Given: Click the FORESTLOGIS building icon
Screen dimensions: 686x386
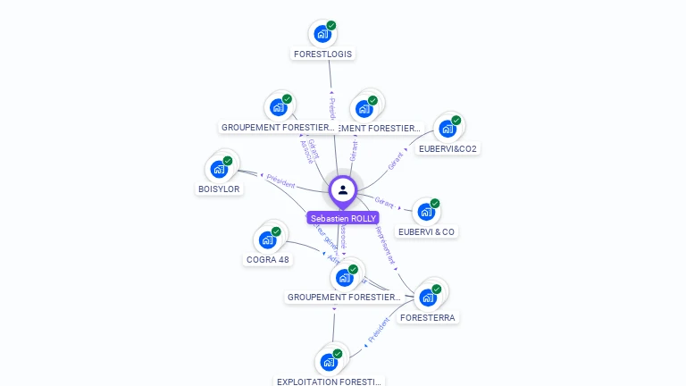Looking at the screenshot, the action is coord(322,34).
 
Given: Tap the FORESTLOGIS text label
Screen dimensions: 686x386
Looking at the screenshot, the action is coord(323,54).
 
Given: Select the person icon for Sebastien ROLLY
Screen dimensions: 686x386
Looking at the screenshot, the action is coord(343,190).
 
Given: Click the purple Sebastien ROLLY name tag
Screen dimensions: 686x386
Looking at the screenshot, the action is coord(343,218).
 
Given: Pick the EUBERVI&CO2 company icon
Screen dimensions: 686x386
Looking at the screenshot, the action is coord(447,129).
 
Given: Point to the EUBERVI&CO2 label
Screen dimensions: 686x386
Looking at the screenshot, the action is coord(448,149).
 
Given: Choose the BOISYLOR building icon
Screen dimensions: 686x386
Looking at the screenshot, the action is coord(219,168).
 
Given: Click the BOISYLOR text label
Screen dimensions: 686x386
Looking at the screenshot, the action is coord(220,189).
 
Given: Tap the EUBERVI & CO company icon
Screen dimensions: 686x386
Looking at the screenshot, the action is coord(425,212).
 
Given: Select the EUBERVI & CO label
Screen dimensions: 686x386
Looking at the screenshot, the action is coord(427,232).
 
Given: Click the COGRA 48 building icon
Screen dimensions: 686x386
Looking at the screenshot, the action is coord(267,239).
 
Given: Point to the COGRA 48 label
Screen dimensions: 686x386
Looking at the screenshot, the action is coord(268,260).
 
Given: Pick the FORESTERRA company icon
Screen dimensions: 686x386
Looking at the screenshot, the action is coord(427,298).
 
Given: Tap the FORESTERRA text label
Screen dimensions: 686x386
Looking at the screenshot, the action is coord(428,317).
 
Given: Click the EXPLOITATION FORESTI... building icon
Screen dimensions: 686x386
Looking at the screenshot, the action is coord(328,362).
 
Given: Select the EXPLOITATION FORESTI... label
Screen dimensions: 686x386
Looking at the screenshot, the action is coord(330,382).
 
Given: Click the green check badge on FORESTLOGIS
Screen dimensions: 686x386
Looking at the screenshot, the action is coord(331,25).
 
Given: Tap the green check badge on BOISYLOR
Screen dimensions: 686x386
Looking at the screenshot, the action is coord(228,160).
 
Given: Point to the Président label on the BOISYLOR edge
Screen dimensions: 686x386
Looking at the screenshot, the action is coord(280,180).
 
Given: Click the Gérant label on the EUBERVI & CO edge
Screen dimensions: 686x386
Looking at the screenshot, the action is coord(384,202).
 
